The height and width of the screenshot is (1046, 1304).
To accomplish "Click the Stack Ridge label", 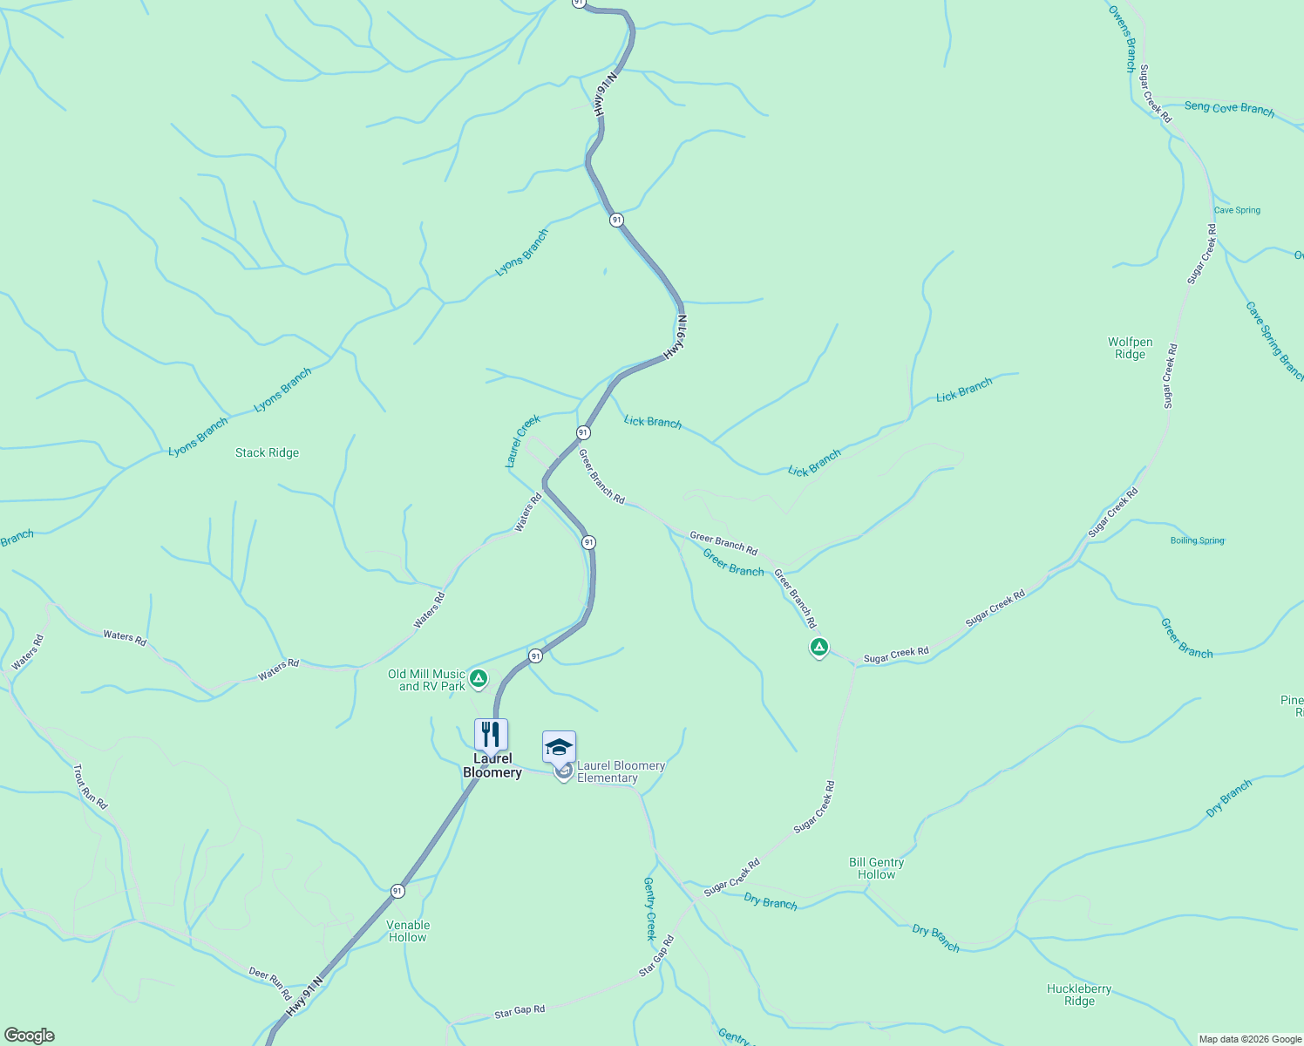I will (x=267, y=453).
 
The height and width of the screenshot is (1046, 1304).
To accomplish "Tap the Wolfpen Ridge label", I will (x=1130, y=349).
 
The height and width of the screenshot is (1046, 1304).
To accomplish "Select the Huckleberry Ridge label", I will (x=1079, y=995).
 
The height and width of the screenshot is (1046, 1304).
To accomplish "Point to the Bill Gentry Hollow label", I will (x=876, y=868).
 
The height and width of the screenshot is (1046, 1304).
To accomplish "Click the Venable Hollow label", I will (x=408, y=931).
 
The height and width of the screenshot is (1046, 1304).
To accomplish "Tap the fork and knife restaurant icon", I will (x=491, y=735).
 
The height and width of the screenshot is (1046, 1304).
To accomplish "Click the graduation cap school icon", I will (x=559, y=747).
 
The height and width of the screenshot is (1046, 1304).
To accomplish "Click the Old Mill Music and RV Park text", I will (x=427, y=680).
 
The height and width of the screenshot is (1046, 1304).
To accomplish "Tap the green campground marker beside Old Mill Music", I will (x=478, y=677).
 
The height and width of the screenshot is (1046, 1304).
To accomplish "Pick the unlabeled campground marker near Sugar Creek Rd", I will (x=818, y=647).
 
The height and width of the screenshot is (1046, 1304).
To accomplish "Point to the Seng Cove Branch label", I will (x=1229, y=108).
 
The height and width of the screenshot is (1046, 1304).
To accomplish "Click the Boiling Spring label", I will (x=1197, y=540).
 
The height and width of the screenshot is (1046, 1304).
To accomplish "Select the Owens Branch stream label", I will (x=1122, y=38).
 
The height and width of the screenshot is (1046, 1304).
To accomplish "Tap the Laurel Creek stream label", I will (x=523, y=441).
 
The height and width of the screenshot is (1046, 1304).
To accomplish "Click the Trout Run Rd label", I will (x=90, y=786).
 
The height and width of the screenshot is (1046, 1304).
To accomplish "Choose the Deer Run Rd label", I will (x=270, y=983).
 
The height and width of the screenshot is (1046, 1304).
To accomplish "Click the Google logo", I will (x=29, y=1036).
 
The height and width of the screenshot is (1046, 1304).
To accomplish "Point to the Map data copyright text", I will (x=1249, y=1039).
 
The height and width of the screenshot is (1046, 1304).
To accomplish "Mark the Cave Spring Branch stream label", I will (x=1273, y=340).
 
